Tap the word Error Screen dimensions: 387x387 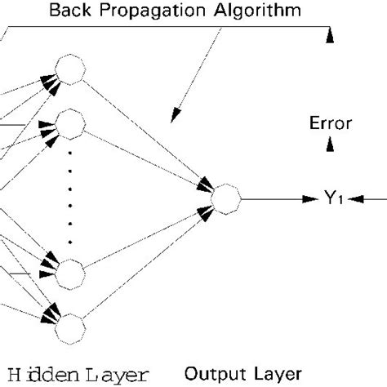pos(331,124)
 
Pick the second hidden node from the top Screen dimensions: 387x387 pos(68,125)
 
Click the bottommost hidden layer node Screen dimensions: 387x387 pos(68,327)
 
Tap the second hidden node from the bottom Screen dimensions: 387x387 pos(68,270)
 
